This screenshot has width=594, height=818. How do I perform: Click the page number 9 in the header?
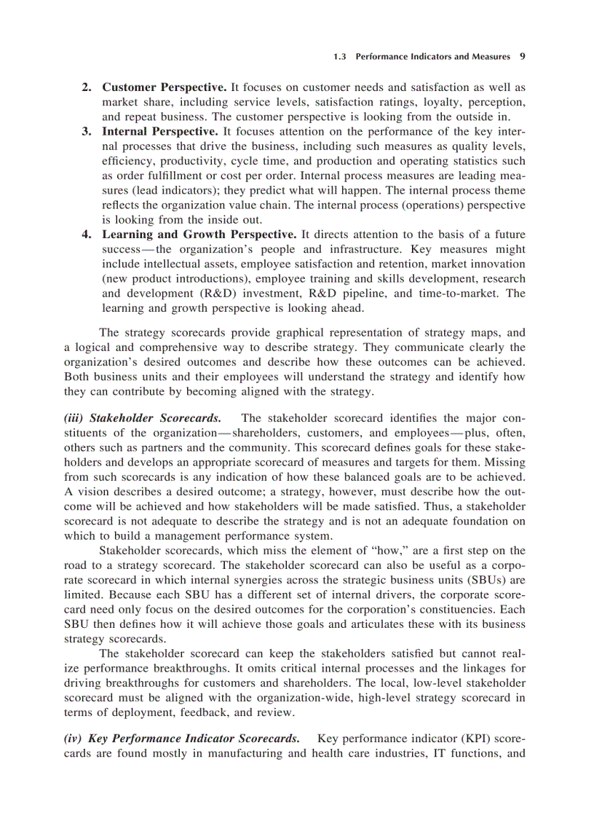523,55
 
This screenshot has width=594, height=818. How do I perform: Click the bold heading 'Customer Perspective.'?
165,87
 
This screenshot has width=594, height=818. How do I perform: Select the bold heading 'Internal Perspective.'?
159,132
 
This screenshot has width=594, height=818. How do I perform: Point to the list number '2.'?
86,87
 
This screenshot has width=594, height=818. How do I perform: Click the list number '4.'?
86,235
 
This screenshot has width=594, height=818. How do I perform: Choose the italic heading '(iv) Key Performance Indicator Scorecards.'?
181,739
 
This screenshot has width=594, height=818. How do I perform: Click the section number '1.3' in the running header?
340,55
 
